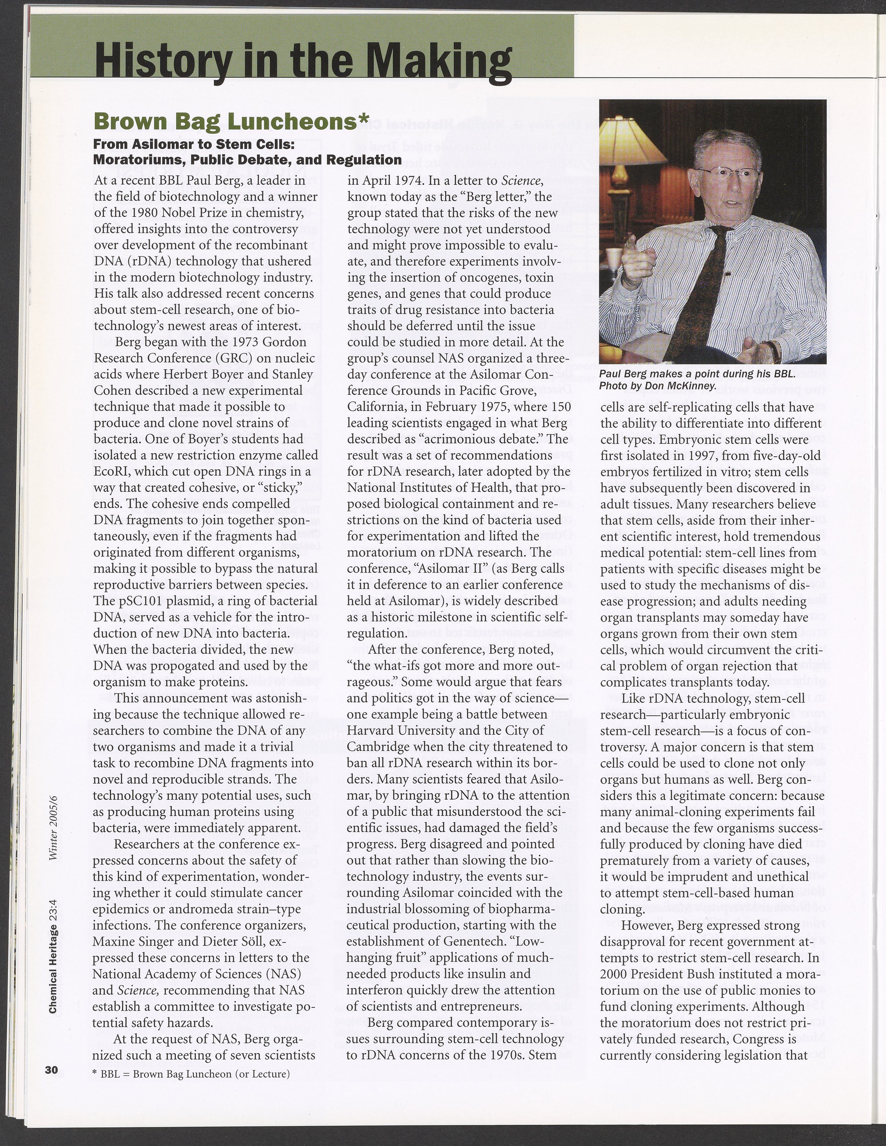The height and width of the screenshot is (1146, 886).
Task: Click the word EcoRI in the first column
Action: click(111, 471)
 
